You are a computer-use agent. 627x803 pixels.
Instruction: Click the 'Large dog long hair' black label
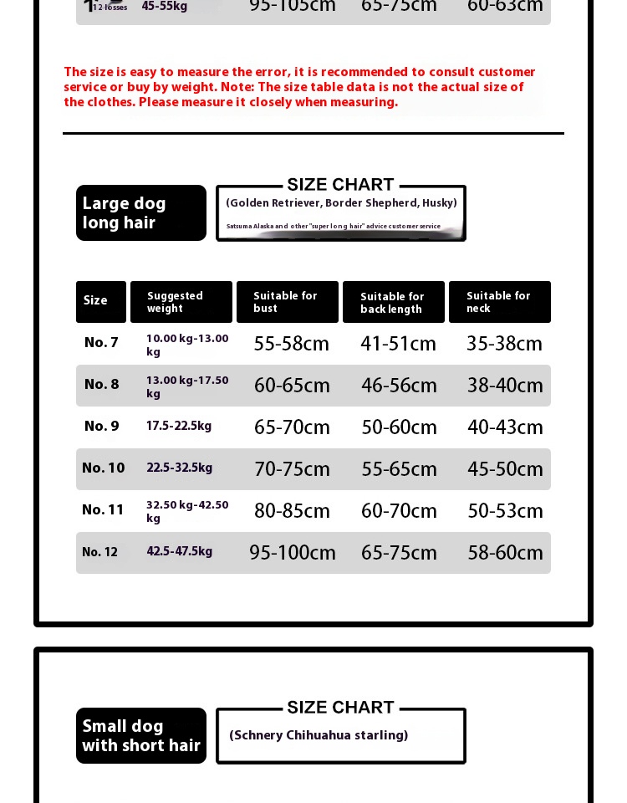pyautogui.click(x=140, y=213)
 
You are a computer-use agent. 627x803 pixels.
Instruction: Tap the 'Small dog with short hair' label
pyautogui.click(x=140, y=736)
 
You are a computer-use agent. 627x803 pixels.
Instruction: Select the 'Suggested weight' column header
pyautogui.click(x=181, y=302)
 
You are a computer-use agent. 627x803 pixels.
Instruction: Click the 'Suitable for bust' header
pyautogui.click(x=287, y=302)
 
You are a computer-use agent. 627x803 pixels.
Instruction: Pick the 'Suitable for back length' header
pyautogui.click(x=393, y=303)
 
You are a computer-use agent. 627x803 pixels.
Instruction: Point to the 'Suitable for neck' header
pyautogui.click(x=499, y=302)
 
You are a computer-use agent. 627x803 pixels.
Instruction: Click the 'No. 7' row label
pyautogui.click(x=101, y=342)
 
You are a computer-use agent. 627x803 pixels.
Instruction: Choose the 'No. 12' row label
pyautogui.click(x=99, y=552)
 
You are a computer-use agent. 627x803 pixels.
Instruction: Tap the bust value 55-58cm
pyautogui.click(x=292, y=344)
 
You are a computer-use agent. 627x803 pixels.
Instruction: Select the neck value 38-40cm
pyautogui.click(x=505, y=386)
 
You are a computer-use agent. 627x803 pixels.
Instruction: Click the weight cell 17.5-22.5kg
pyautogui.click(x=179, y=426)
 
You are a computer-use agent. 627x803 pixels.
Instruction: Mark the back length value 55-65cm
pyautogui.click(x=399, y=469)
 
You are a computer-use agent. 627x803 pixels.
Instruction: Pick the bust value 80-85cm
pyautogui.click(x=292, y=511)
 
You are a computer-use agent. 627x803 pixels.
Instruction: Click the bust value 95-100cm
pyautogui.click(x=293, y=553)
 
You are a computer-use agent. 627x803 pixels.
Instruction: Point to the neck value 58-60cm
pyautogui.click(x=505, y=553)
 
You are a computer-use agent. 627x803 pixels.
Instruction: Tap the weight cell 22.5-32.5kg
pyautogui.click(x=180, y=468)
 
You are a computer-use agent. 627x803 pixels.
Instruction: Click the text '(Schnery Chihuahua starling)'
pyautogui.click(x=319, y=735)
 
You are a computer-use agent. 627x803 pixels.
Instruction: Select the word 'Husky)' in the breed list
pyautogui.click(x=439, y=203)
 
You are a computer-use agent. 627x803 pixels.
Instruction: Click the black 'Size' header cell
pyautogui.click(x=100, y=301)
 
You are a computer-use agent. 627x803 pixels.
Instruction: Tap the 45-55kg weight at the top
pyautogui.click(x=165, y=7)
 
